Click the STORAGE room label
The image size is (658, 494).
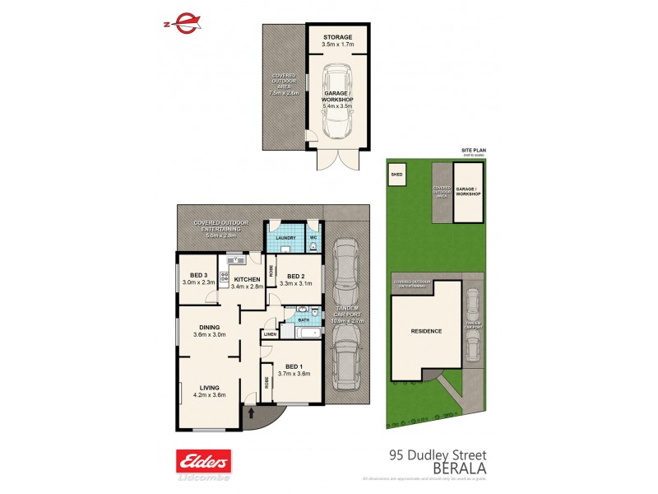pyautogui.click(x=337, y=37)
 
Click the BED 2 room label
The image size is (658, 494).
pyautogui.click(x=292, y=276)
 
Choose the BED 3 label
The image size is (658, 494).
pyautogui.click(x=198, y=276)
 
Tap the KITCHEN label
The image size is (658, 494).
pyautogui.click(x=246, y=279)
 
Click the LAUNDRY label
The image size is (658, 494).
pyautogui.click(x=285, y=239)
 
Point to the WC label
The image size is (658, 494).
pyautogui.click(x=313, y=239)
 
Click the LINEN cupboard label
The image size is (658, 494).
pyautogui.click(x=270, y=334)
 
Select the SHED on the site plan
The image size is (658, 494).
pyautogui.click(x=397, y=175)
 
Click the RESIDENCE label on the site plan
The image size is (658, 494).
pyautogui.click(x=426, y=332)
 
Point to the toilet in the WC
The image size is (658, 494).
pyautogui.click(x=314, y=245)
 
